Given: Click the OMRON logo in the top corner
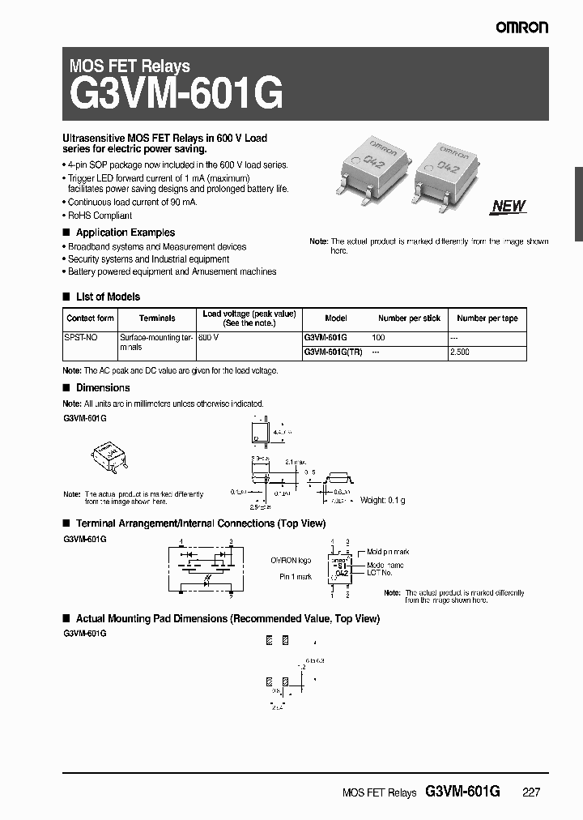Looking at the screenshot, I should point(522,27).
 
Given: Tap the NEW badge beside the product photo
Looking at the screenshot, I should point(509,206).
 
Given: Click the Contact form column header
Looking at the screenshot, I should point(91,318).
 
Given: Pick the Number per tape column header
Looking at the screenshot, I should point(487,318).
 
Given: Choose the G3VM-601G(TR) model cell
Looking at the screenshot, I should point(333,352).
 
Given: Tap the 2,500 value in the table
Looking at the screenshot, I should point(459,352).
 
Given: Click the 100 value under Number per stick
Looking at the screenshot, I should point(378,336).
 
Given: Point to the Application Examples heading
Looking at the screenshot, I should point(125,233).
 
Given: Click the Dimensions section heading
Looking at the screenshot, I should point(102,388).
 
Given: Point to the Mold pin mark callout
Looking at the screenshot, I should point(388,552).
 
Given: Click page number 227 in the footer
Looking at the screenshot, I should point(530,793).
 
